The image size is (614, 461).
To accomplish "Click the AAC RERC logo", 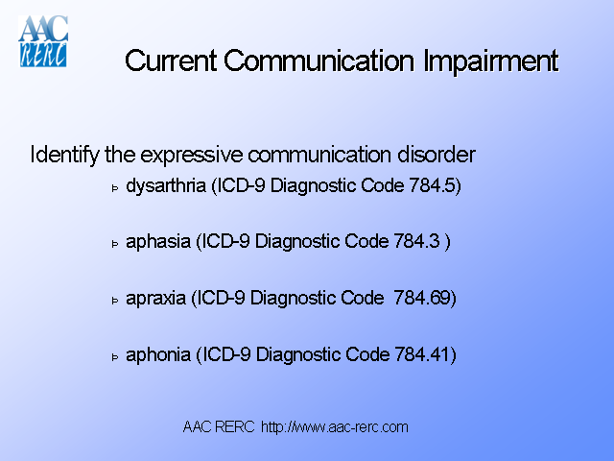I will tap(43, 41).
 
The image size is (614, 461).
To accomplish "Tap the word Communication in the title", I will tap(321, 61).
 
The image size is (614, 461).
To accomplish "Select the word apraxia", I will tap(157, 299).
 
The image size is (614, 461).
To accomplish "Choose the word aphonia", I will tap(159, 355).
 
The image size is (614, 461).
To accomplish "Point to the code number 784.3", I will tap(418, 242).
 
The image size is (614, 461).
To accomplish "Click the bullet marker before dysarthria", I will tap(115, 187).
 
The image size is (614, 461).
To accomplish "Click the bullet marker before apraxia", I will tap(115, 301).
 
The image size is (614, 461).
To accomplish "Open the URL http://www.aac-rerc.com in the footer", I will tap(335, 426).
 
